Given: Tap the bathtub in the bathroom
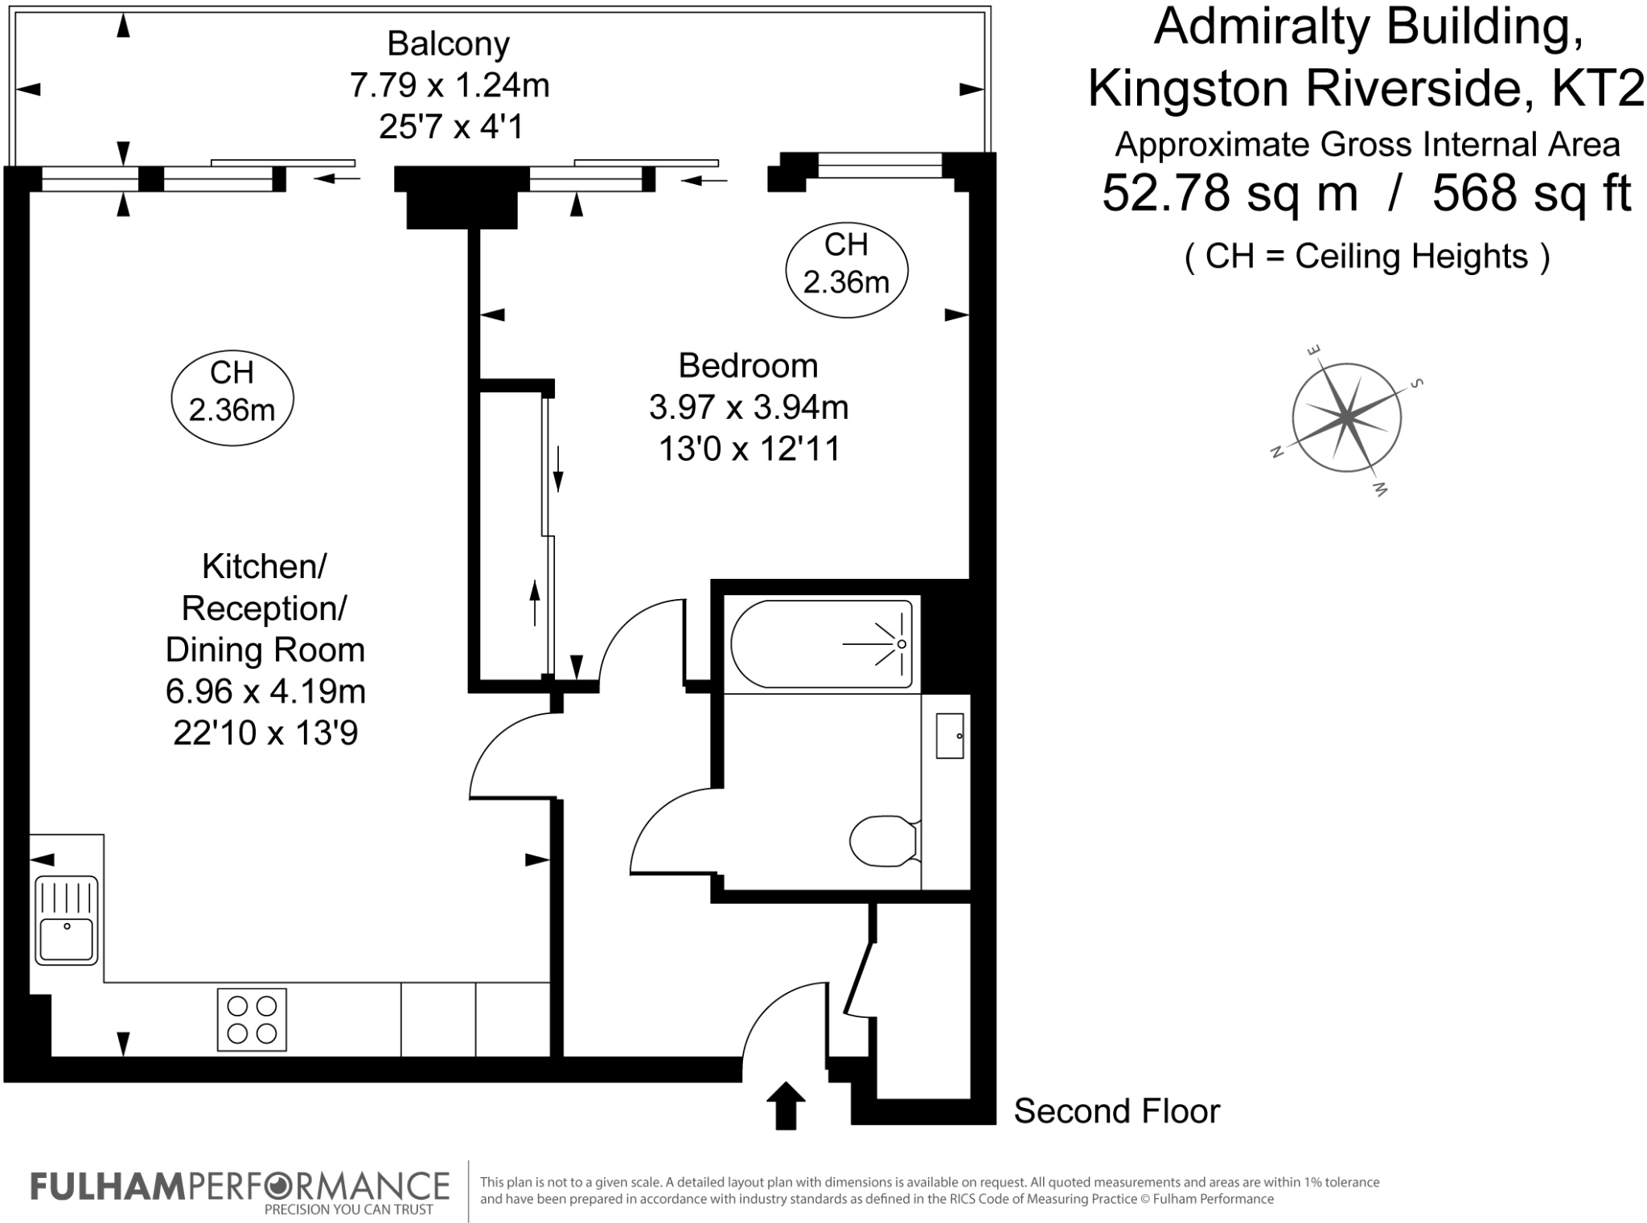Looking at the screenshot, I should coord(822,644).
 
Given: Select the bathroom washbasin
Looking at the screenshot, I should coord(950,735).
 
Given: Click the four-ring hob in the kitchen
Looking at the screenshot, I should coord(252,1019).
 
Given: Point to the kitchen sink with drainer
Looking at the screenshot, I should coord(67,920).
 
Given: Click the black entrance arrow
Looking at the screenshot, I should coord(785,1105).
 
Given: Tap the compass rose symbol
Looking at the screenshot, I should coord(1346,417).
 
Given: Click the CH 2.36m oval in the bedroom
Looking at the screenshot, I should coord(846,264).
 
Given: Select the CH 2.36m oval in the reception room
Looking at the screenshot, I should coord(232,392).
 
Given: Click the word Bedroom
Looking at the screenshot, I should coord(748,366).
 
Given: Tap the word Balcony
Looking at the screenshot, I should coord(448,43).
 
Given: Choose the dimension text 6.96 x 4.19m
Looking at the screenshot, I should coord(265,691).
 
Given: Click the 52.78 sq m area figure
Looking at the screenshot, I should coord(1230,194).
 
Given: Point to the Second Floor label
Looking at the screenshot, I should coord(1116,1111).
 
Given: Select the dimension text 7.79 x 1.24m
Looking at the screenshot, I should coord(449,84).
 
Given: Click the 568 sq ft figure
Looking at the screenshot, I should coord(1531,194).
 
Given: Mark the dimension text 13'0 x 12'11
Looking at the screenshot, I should coord(749,449).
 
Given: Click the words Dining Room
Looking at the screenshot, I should coord(265,650).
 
